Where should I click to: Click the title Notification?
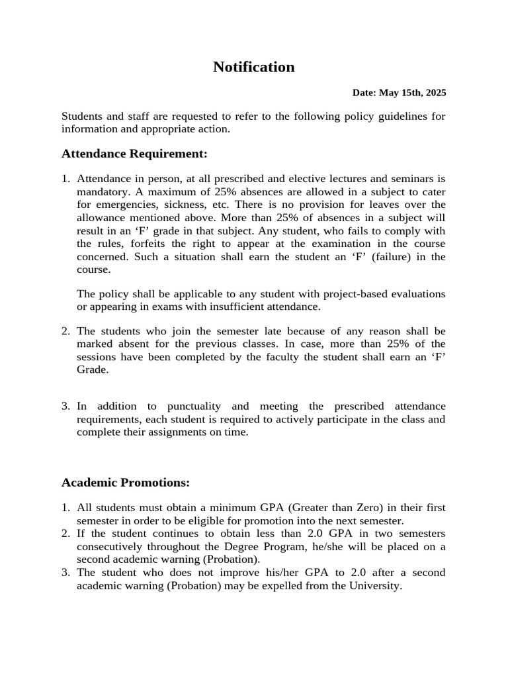pyautogui.click(x=253, y=67)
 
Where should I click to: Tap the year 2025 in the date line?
pyautogui.click(x=434, y=93)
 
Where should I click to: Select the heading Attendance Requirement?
pyautogui.click(x=134, y=154)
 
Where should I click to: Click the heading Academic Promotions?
pyautogui.click(x=126, y=482)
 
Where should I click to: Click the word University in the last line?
pyautogui.click(x=375, y=586)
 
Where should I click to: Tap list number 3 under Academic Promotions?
pyautogui.click(x=65, y=573)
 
